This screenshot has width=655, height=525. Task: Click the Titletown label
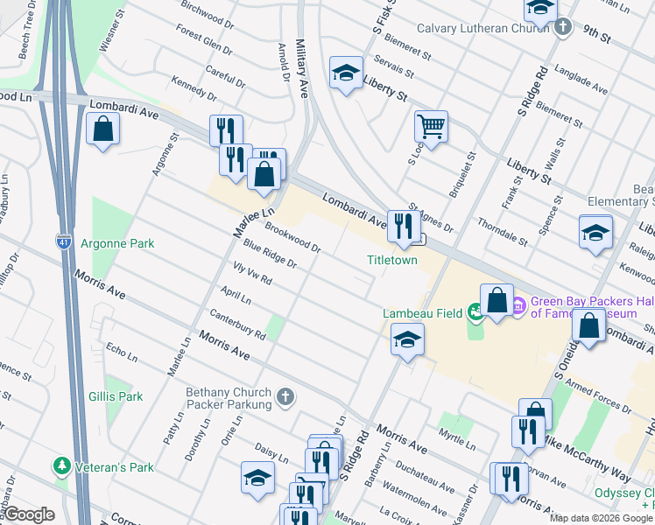tap(391, 260)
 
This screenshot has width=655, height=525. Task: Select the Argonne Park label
tap(117, 242)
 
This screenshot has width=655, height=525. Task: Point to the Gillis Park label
tap(116, 396)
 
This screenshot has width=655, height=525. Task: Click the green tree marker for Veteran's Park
tap(61, 466)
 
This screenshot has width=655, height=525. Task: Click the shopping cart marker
tap(431, 128)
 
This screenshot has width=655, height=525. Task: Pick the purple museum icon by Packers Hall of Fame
tap(518, 305)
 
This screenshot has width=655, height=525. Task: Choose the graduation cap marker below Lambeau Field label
tap(407, 340)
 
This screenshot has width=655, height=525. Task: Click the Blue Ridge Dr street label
tap(271, 255)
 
